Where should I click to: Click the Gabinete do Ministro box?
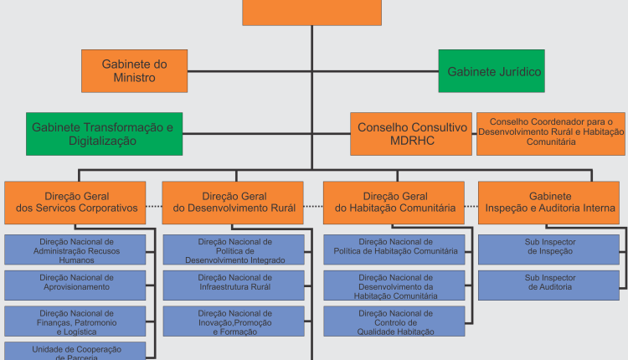click(x=135, y=70)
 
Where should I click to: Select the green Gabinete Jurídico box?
click(x=492, y=71)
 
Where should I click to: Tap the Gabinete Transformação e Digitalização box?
click(x=104, y=134)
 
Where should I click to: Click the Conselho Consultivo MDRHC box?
click(x=410, y=134)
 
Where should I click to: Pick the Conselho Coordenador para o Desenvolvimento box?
click(x=551, y=134)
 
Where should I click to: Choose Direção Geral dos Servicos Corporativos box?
click(x=75, y=202)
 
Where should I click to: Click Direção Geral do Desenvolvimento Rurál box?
click(x=233, y=202)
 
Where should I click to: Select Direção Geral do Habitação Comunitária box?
click(x=394, y=202)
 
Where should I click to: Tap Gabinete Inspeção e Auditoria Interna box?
click(x=549, y=202)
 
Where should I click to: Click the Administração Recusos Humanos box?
click(x=75, y=250)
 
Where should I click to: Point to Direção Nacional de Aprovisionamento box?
click(x=75, y=281)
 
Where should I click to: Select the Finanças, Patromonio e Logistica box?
click(x=75, y=321)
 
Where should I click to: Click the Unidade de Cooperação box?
click(x=75, y=352)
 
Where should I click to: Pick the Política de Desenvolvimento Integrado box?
click(x=233, y=250)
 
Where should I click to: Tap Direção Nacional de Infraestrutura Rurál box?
click(x=233, y=283)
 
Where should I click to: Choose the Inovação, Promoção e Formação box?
click(x=233, y=321)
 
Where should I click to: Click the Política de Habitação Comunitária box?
click(x=395, y=246)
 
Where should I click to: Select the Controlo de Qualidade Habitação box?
click(x=395, y=321)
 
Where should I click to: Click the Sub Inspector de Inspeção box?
click(x=549, y=246)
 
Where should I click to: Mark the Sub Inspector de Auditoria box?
click(x=549, y=282)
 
